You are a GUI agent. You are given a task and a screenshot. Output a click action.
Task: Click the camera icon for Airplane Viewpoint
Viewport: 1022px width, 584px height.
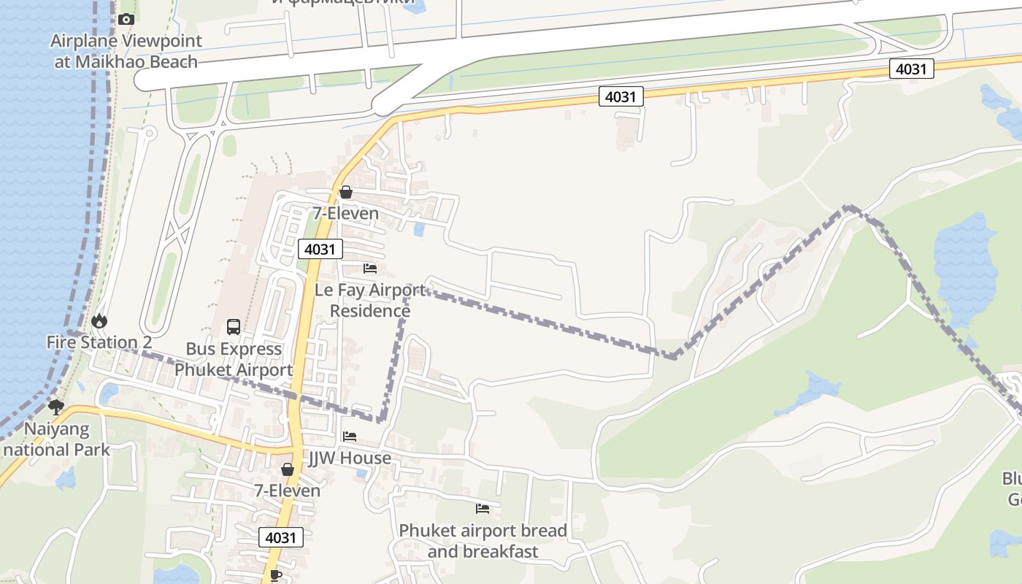pyautogui.click(x=126, y=20)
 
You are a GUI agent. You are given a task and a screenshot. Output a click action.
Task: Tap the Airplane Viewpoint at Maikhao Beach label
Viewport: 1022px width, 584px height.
pyautogui.click(x=126, y=51)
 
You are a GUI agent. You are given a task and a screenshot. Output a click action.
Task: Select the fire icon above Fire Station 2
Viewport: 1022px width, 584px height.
pyautogui.click(x=99, y=321)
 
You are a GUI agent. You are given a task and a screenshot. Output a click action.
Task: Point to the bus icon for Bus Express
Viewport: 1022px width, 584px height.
pyautogui.click(x=234, y=327)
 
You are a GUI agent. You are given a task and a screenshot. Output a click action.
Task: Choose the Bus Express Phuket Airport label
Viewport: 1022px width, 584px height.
pyautogui.click(x=234, y=359)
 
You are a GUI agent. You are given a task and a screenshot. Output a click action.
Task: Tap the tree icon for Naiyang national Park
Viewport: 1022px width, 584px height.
pyautogui.click(x=55, y=407)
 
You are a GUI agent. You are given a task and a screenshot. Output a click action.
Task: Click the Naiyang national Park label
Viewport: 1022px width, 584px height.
pyautogui.click(x=56, y=439)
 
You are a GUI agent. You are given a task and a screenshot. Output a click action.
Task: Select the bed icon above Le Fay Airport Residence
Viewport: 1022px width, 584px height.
pyautogui.click(x=370, y=269)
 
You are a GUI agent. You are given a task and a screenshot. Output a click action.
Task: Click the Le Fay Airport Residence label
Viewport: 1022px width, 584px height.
pyautogui.click(x=370, y=300)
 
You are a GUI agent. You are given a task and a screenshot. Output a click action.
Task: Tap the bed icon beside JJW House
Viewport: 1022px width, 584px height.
pyautogui.click(x=350, y=437)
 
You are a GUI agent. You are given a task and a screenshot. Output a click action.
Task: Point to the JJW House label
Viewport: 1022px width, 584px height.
pyautogui.click(x=350, y=458)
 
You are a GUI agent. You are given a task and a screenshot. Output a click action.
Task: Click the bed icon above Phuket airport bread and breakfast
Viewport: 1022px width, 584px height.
pyautogui.click(x=483, y=508)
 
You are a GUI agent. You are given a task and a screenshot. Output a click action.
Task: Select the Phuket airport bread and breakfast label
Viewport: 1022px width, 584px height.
pyautogui.click(x=483, y=540)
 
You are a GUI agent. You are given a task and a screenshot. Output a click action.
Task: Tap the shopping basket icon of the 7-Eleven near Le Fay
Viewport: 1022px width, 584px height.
pyautogui.click(x=346, y=193)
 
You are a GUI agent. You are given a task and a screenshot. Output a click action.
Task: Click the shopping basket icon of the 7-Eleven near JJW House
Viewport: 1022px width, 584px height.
pyautogui.click(x=288, y=469)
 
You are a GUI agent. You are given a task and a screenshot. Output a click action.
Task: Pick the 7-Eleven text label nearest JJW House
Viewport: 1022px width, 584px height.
pyautogui.click(x=287, y=490)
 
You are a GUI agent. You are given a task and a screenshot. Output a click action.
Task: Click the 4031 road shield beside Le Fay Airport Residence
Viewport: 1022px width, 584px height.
pyautogui.click(x=320, y=249)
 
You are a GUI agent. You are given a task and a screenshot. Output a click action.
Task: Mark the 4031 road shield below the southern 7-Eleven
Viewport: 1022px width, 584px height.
pyautogui.click(x=281, y=538)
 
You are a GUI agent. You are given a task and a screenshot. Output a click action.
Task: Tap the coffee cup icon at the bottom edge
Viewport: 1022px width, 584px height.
pyautogui.click(x=275, y=575)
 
